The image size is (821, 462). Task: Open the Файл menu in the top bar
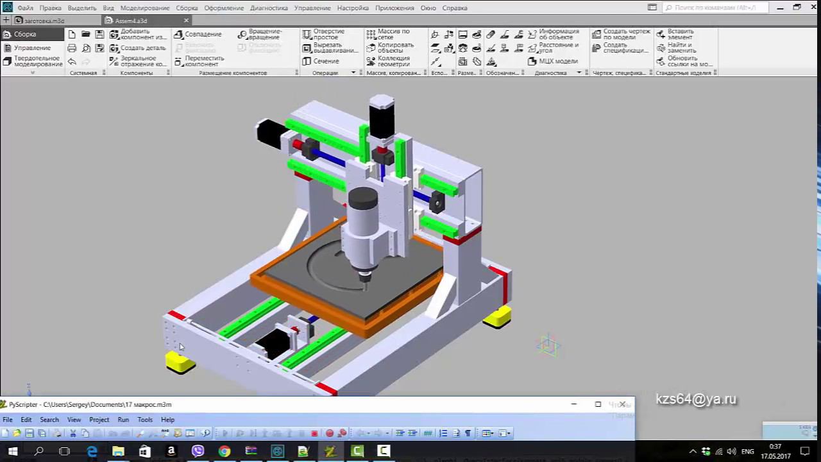click(25, 8)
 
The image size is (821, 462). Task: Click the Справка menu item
click(455, 8)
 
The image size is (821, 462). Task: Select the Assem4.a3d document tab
click(131, 21)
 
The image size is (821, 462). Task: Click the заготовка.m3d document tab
click(44, 21)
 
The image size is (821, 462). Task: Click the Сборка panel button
click(25, 34)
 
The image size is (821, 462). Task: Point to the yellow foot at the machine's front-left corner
click(180, 363)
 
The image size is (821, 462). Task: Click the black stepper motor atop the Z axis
click(381, 117)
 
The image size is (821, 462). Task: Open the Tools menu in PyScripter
click(145, 420)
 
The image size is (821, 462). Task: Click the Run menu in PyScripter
click(123, 420)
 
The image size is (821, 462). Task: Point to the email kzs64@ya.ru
click(696, 399)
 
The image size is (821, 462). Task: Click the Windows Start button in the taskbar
click(12, 451)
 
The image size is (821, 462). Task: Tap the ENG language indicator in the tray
click(747, 451)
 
